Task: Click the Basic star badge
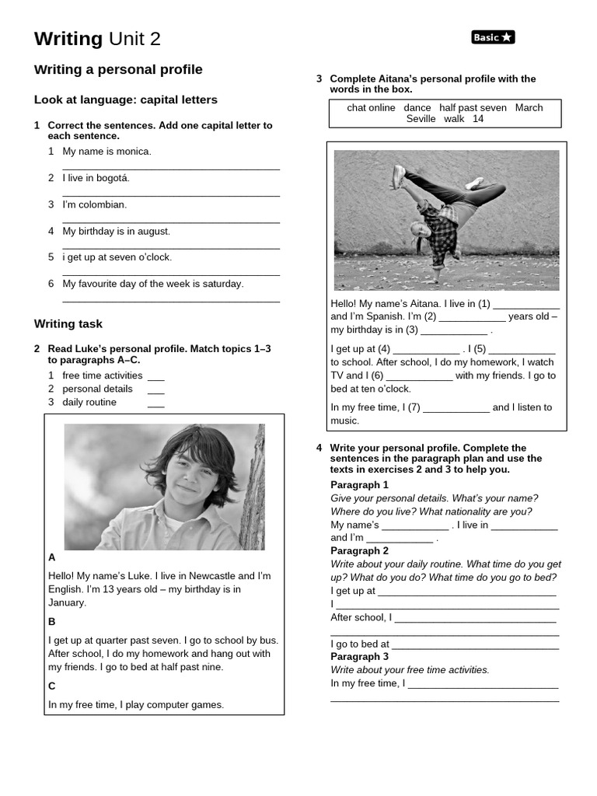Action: click(493, 37)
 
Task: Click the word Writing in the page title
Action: click(68, 39)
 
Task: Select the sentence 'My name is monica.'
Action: click(106, 152)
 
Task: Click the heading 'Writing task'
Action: click(68, 323)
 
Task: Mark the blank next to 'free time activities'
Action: click(156, 376)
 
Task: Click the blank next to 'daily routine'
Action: click(156, 403)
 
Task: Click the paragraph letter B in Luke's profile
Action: click(52, 622)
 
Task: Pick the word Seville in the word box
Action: click(421, 119)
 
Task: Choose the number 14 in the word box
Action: click(478, 119)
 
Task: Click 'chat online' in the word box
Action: click(371, 108)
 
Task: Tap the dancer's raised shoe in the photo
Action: click(399, 176)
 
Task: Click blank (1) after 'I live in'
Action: click(526, 304)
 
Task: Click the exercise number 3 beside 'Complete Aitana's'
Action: click(319, 79)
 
